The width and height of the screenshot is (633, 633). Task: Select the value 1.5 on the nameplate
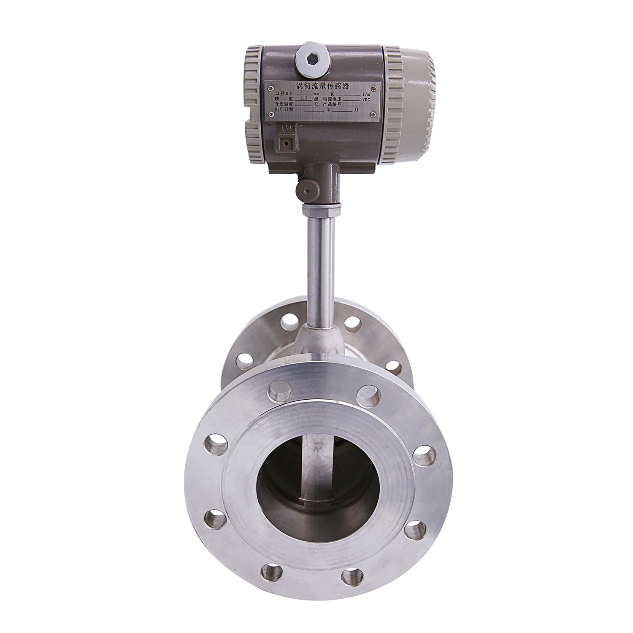click(303, 98)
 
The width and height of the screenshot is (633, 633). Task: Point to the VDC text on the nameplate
click(366, 100)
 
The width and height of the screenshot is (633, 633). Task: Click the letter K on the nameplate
click(332, 93)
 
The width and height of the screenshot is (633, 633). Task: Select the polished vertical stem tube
click(320, 266)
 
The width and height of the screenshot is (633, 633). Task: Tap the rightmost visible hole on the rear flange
click(392, 365)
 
